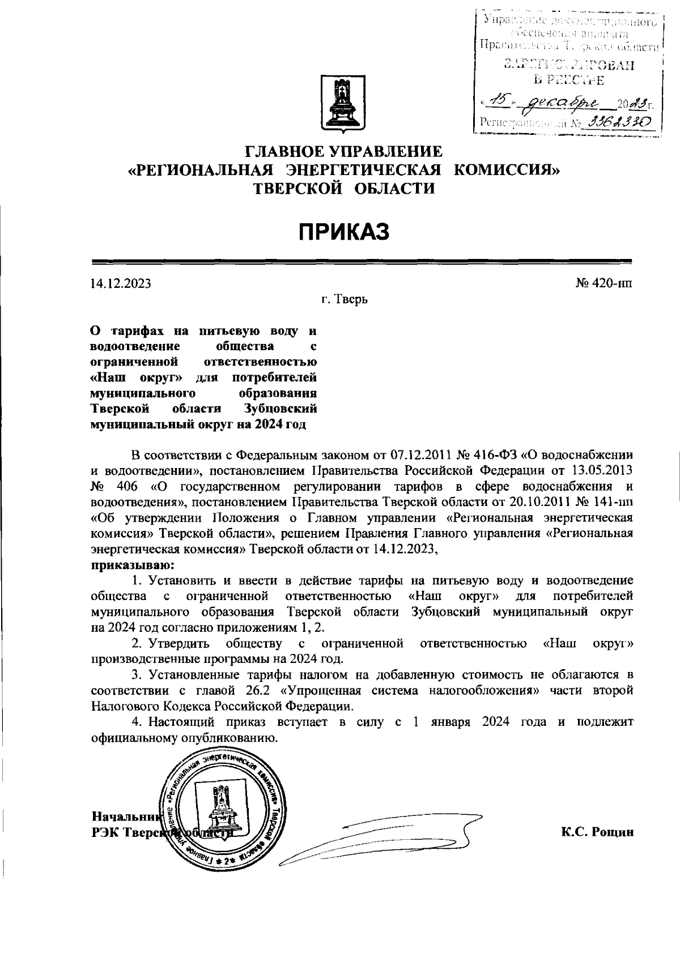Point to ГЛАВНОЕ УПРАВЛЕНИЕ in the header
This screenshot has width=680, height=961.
click(343, 151)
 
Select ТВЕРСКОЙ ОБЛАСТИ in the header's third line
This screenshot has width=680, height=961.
click(343, 189)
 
